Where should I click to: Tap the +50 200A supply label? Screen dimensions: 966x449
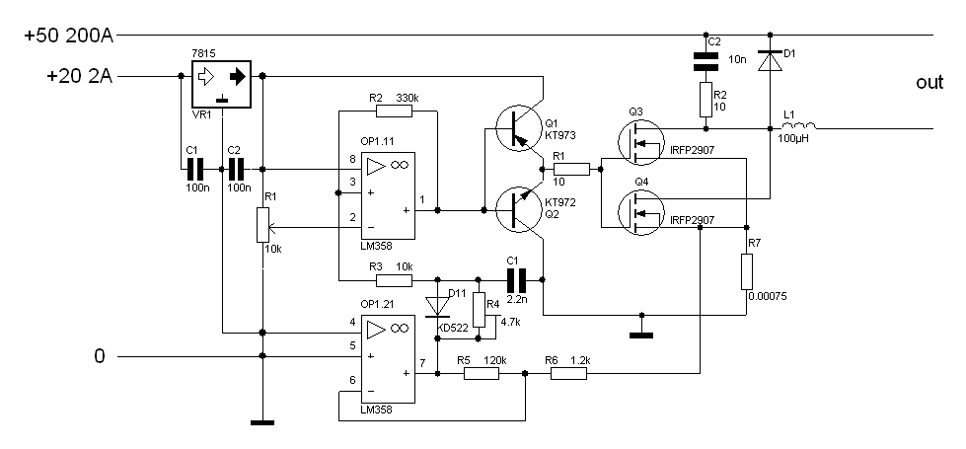click(69, 36)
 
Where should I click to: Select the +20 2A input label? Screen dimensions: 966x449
click(80, 76)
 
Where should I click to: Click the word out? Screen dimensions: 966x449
click(929, 83)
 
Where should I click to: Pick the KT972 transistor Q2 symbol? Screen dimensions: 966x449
click(519, 210)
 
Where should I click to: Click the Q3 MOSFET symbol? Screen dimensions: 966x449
click(640, 143)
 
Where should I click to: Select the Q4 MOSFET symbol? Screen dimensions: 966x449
click(640, 212)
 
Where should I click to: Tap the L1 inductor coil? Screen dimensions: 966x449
click(798, 126)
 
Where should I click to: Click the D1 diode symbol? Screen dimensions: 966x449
click(770, 61)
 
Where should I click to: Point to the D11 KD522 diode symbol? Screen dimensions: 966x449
click(437, 307)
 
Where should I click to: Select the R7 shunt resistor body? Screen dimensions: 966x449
click(747, 271)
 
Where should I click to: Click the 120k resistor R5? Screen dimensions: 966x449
click(482, 373)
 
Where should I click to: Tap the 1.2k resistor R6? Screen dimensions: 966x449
click(568, 373)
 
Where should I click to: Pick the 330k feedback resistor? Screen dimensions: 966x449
click(394, 111)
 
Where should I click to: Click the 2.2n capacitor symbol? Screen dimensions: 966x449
click(517, 280)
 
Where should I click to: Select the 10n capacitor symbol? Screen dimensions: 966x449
click(706, 61)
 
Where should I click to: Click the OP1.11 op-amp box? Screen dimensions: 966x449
click(388, 195)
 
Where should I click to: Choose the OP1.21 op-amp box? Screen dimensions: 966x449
click(388, 359)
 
